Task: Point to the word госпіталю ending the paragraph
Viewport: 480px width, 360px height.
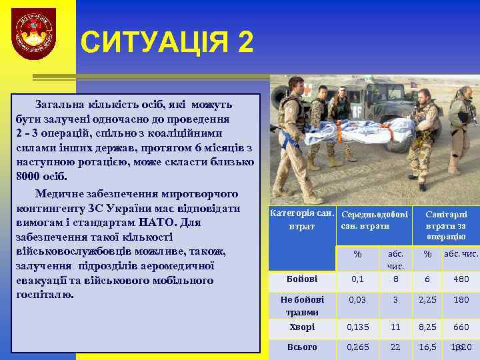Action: coord(45,294)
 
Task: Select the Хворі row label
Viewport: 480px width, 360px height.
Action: coord(301,327)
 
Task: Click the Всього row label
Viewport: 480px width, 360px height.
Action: coord(301,347)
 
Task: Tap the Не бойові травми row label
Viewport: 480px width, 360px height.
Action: coord(301,305)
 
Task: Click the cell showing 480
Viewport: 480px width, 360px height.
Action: coord(461,279)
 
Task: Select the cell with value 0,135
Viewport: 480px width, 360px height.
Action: coord(357,327)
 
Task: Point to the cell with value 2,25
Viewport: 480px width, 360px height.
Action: coord(427,300)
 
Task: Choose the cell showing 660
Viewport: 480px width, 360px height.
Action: coord(461,327)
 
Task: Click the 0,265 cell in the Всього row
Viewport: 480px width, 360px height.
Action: coord(357,347)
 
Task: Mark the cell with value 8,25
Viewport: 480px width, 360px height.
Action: coord(427,327)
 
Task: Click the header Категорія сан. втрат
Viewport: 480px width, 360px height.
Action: coord(301,220)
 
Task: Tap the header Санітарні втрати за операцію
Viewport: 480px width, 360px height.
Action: coord(446,225)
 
